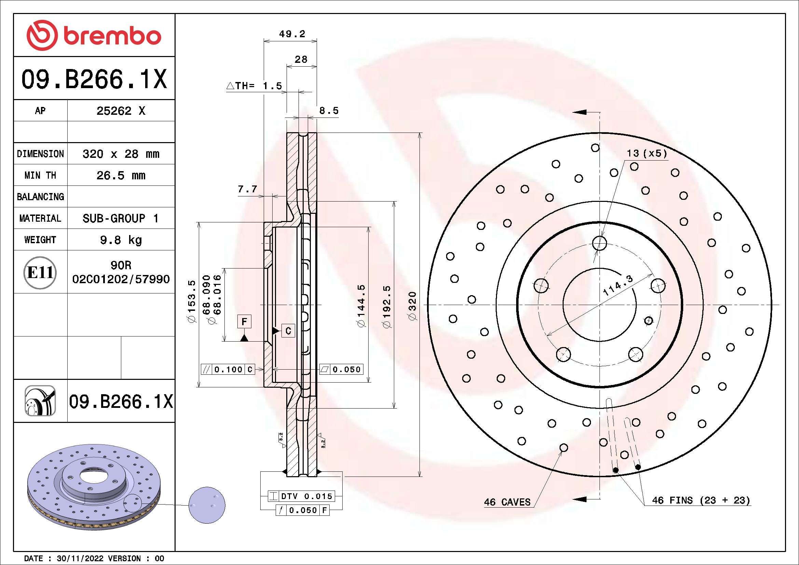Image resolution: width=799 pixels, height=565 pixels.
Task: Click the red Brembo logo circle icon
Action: point(42,35)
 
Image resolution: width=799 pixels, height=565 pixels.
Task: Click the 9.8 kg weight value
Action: point(121,240)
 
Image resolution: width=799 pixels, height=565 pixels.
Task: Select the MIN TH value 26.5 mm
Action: point(121,175)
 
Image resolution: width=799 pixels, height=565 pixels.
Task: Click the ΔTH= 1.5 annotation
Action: point(254,86)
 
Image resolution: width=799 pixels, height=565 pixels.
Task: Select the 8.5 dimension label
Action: point(329,111)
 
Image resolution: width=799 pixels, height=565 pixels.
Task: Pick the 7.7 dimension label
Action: point(247,189)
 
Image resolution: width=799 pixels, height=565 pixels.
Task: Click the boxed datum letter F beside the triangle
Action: point(244,321)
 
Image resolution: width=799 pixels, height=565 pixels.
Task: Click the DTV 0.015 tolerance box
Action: point(301,496)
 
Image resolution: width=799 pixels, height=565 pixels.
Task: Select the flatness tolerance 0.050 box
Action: point(341,370)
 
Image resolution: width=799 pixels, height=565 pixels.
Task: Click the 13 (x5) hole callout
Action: point(647,153)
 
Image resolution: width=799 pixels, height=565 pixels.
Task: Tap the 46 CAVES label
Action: point(507,502)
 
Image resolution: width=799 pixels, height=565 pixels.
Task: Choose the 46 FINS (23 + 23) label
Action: point(701,500)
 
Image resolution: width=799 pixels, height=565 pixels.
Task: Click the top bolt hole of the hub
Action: point(599,243)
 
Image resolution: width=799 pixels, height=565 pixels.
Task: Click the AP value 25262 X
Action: point(121,111)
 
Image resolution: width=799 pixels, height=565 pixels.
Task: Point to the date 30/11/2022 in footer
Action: point(80,559)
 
